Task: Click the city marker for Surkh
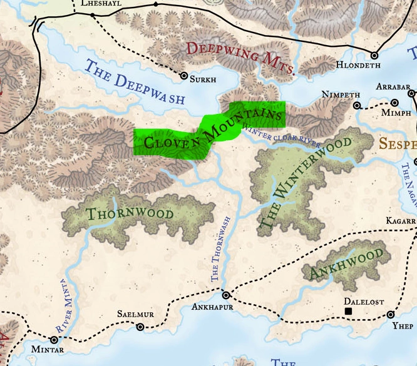click(184, 76)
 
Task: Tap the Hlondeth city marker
click(375, 55)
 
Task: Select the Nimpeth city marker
click(357, 106)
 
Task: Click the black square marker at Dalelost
click(349, 311)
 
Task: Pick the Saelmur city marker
click(140, 327)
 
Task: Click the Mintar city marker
click(54, 340)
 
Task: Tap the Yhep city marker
click(391, 315)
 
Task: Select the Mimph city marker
click(394, 103)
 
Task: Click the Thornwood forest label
click(130, 214)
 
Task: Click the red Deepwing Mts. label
click(240, 58)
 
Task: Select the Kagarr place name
click(401, 221)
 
